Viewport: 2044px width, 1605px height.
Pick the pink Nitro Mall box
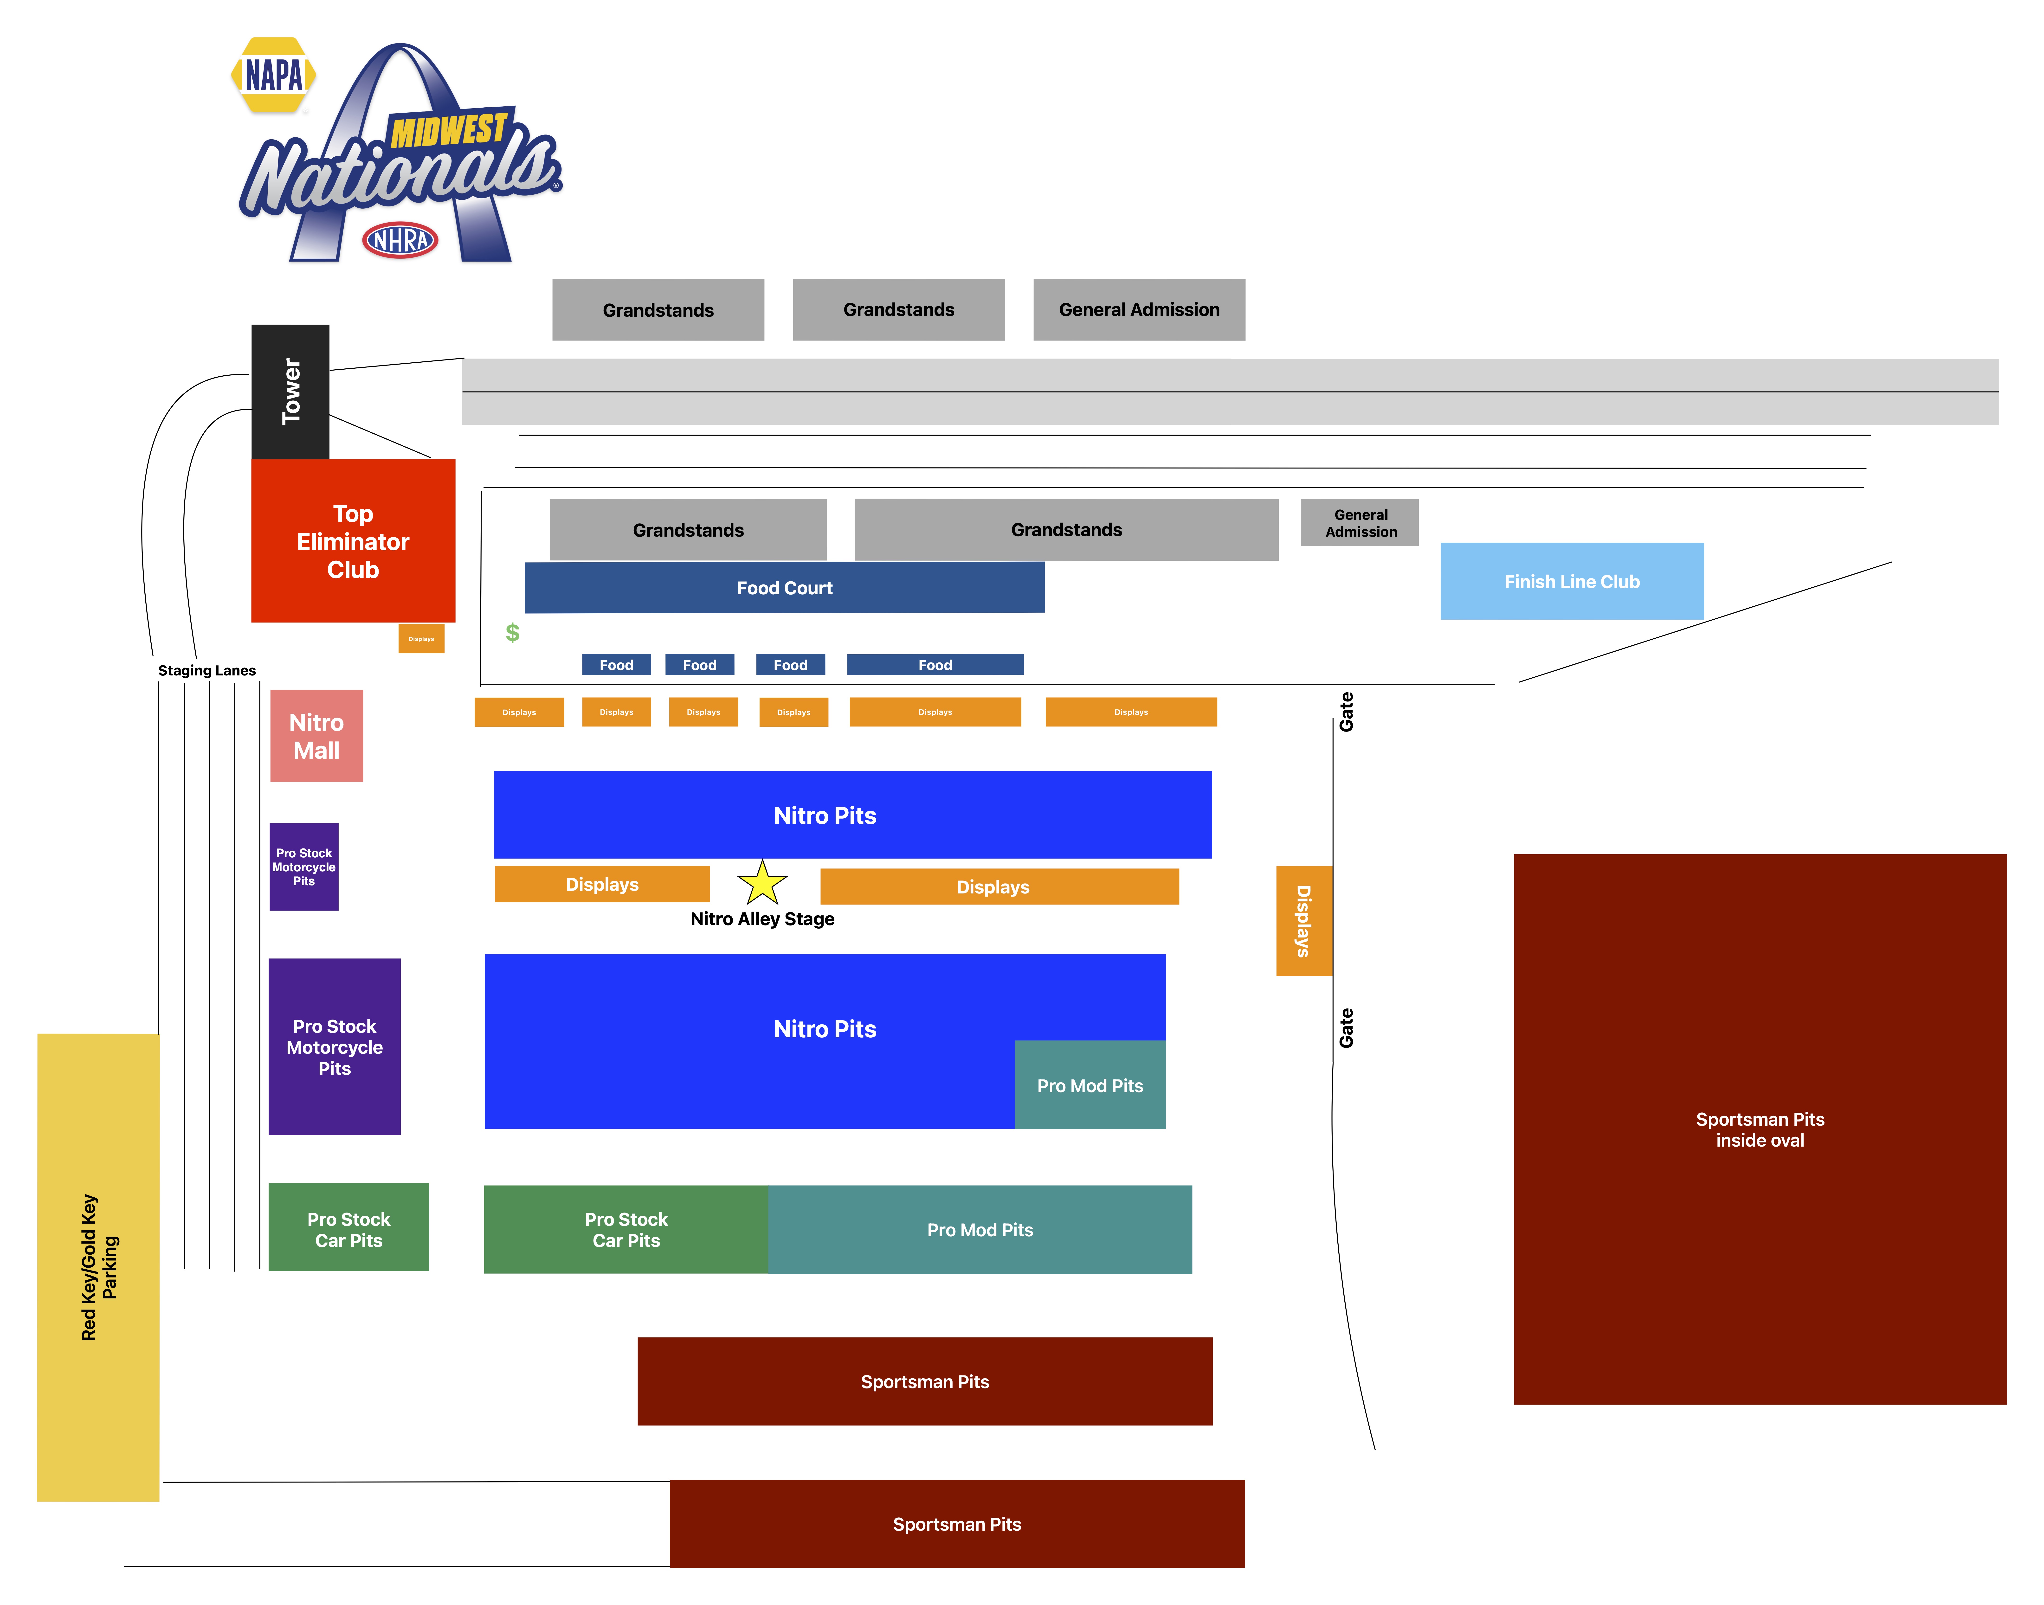pos(317,736)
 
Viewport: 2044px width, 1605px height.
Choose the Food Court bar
pos(785,587)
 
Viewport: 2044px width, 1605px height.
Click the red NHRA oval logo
pos(400,241)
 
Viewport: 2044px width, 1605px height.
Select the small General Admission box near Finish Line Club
pos(1360,522)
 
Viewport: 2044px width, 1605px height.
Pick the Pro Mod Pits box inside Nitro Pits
pos(1090,1085)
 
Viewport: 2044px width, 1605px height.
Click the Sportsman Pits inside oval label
pos(1760,1130)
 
